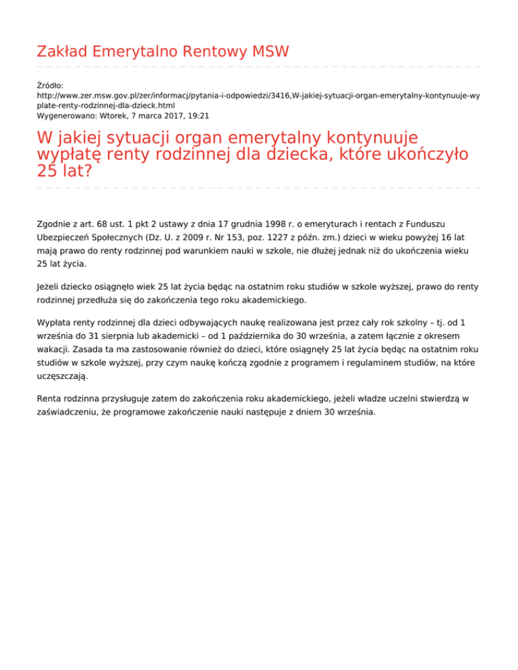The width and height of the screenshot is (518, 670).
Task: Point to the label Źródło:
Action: tap(50, 86)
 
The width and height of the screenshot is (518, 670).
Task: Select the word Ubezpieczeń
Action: tap(65, 237)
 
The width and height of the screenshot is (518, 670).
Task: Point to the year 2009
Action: tap(188, 237)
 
